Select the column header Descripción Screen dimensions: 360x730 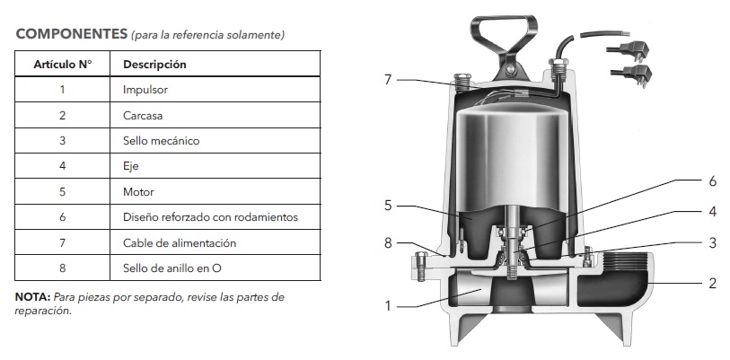(x=154, y=65)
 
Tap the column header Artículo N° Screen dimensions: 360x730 (x=62, y=65)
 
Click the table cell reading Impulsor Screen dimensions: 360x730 (x=145, y=90)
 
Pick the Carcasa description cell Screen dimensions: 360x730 (x=143, y=115)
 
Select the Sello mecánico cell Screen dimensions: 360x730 (x=161, y=141)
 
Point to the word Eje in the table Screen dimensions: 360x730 (x=131, y=166)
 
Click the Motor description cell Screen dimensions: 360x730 (x=138, y=191)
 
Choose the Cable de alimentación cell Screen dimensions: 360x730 (x=179, y=242)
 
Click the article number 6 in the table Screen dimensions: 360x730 (x=62, y=217)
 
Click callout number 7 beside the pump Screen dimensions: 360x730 (x=388, y=80)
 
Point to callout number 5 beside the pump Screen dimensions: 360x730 (x=388, y=205)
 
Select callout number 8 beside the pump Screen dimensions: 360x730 (x=388, y=241)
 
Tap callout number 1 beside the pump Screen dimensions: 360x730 (x=388, y=305)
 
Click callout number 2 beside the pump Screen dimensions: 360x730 (x=712, y=284)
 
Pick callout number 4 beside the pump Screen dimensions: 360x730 (x=712, y=212)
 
